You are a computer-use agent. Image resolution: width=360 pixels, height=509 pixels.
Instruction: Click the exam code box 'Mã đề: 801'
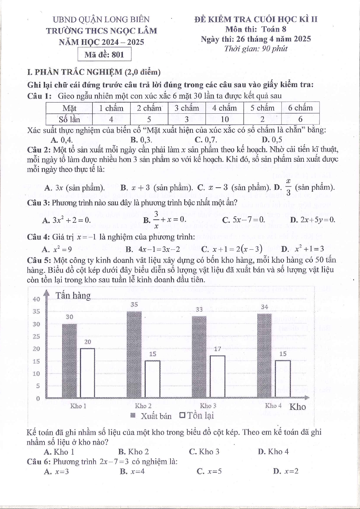[104, 55]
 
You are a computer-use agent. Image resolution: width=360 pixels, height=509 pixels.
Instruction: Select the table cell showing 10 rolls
[225, 119]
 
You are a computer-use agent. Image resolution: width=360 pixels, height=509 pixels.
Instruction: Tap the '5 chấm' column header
[262, 108]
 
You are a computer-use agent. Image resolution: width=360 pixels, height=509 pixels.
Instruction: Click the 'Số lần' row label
[69, 119]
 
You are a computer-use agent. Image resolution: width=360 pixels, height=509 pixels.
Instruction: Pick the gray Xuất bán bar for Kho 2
[134, 354]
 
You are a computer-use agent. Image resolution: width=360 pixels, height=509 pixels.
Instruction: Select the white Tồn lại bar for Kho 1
[87, 373]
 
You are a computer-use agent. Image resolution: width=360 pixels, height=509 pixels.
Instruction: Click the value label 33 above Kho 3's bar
[199, 310]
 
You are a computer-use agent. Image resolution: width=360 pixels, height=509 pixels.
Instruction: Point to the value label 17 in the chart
[217, 349]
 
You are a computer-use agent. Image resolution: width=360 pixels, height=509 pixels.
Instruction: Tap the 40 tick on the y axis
[36, 299]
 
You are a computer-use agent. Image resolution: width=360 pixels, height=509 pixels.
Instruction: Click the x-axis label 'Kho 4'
[273, 406]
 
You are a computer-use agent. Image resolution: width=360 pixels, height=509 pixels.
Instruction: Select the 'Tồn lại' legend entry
[197, 416]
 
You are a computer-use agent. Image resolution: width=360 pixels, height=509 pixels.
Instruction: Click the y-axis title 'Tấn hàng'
[73, 295]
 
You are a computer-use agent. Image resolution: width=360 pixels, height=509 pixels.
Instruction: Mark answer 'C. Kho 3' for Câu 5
[204, 452]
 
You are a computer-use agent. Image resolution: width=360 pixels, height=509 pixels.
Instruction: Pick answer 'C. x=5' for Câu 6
[209, 471]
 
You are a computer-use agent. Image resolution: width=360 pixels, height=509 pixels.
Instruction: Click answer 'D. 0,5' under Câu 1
[272, 140]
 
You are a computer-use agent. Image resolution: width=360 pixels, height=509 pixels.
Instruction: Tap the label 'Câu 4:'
[38, 237]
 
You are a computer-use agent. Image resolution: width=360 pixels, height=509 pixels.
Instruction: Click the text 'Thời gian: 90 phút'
[256, 49]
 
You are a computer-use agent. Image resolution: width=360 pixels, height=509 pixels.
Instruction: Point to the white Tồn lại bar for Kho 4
[283, 379]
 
